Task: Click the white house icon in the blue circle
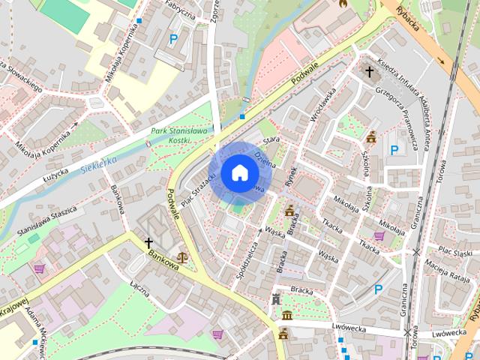pos(239,172)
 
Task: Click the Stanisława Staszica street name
pos(43,220)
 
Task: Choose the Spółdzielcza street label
pos(247,255)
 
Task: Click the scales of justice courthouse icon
pos(181,256)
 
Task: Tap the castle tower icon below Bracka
pos(276,299)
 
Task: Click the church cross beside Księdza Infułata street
pos(368,72)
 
